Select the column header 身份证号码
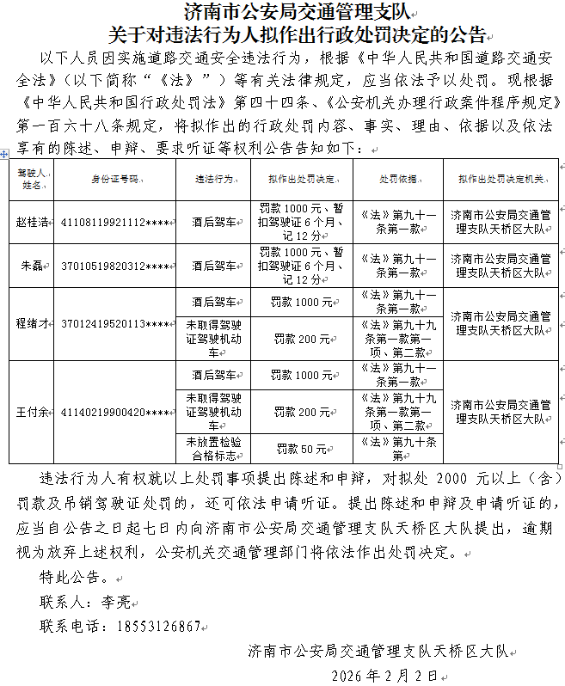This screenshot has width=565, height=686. [114, 180]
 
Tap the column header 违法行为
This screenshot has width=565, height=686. [212, 180]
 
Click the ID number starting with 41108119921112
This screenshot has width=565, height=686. [115, 222]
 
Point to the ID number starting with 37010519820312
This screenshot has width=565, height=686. [115, 266]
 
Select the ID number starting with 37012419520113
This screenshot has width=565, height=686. [115, 323]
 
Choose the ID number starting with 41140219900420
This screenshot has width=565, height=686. [115, 412]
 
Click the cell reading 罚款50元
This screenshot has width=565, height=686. [301, 449]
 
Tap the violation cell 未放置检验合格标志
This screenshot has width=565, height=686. [212, 449]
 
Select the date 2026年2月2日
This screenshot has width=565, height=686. [378, 674]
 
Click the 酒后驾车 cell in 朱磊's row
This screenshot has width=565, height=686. [212, 266]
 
